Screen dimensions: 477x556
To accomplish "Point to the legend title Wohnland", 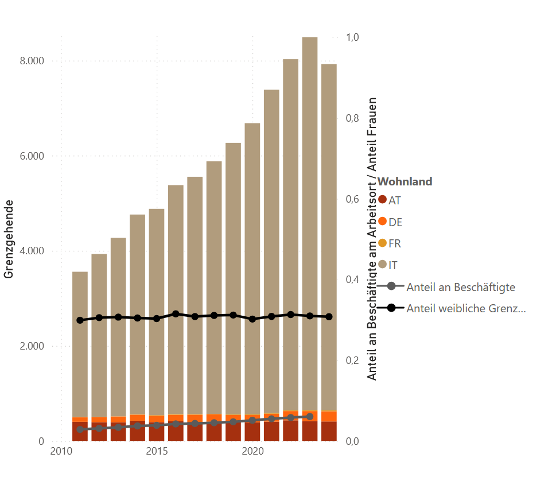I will pos(405,182).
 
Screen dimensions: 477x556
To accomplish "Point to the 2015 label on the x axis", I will pos(157,451).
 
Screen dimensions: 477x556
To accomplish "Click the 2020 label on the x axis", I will pos(253,451).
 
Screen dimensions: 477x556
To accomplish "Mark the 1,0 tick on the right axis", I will pos(352,37).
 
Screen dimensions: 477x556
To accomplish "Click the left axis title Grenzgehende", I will pos(9,239).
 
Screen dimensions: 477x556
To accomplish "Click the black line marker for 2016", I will pos(176,314).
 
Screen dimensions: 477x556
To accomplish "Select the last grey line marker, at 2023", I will pos(310,417).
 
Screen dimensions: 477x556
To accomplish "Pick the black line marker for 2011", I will pos(80,320).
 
